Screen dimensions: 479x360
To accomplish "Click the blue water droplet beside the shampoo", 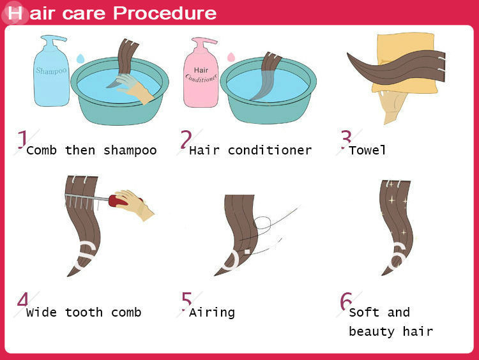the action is click(80, 59).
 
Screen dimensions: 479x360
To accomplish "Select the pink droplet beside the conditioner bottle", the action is click(231, 57).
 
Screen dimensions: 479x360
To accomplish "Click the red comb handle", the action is click(118, 200).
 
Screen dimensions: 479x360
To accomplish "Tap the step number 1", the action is click(22, 140).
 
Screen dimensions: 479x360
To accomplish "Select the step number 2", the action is click(186, 139).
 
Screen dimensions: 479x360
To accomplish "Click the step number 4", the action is click(22, 300).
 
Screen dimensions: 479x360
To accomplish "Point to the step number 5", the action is click(186, 301).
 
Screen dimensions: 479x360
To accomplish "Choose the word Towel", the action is click(367, 150).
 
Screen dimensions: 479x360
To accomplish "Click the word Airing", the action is click(212, 313).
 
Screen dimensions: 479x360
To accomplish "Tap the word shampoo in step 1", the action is click(130, 151).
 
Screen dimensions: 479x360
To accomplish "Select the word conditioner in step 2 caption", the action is click(270, 150).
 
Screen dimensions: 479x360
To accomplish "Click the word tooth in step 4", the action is click(84, 312).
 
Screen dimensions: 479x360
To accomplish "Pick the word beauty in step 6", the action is click(372, 332).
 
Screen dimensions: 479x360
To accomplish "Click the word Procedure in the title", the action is click(165, 13).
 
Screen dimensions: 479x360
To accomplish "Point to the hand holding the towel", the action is click(393, 107).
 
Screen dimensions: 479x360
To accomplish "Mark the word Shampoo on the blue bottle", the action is click(51, 71).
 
